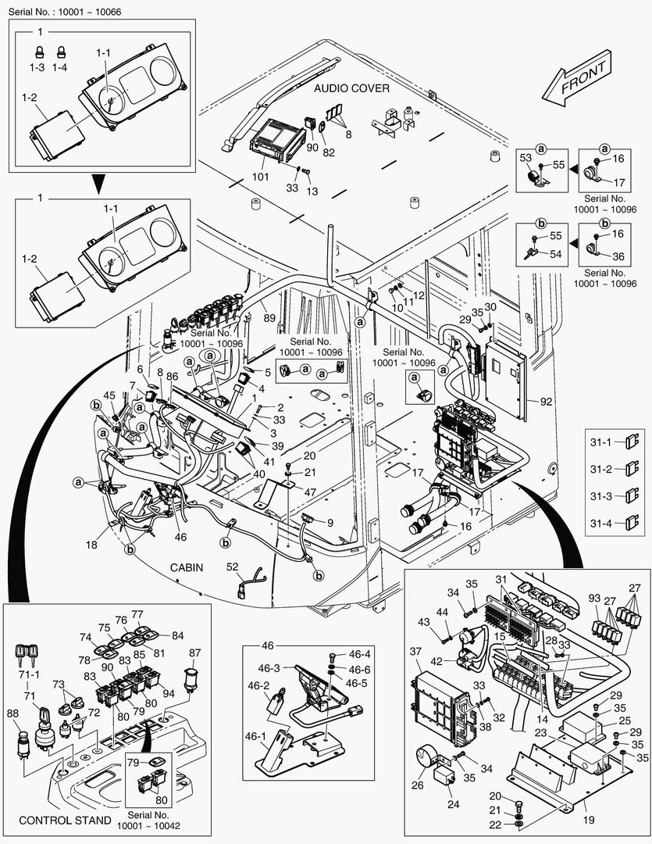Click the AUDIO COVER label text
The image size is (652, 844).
[x=351, y=90]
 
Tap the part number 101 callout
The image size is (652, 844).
[x=260, y=176]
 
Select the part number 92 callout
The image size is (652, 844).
[x=544, y=403]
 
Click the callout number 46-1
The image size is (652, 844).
[x=258, y=735]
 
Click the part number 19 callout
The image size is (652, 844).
[x=589, y=820]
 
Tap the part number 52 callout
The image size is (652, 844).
[x=232, y=567]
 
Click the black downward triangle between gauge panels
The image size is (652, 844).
[x=98, y=185]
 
